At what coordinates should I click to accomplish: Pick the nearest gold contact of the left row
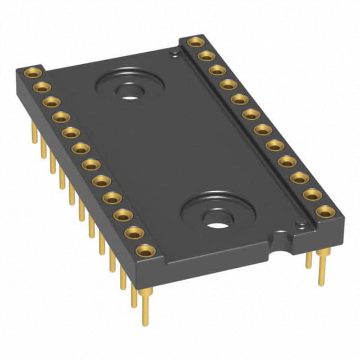point(145,250)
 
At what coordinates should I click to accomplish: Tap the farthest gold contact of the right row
point(195,41)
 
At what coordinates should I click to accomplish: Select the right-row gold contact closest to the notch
point(325,211)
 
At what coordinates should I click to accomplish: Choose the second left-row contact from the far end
point(42,87)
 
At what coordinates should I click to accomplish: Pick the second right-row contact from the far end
point(206,55)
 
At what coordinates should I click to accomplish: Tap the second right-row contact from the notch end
point(312,194)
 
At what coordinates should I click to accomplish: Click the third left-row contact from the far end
point(51,102)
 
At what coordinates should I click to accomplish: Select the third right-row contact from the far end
point(217,70)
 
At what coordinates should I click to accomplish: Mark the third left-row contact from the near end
point(122,215)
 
